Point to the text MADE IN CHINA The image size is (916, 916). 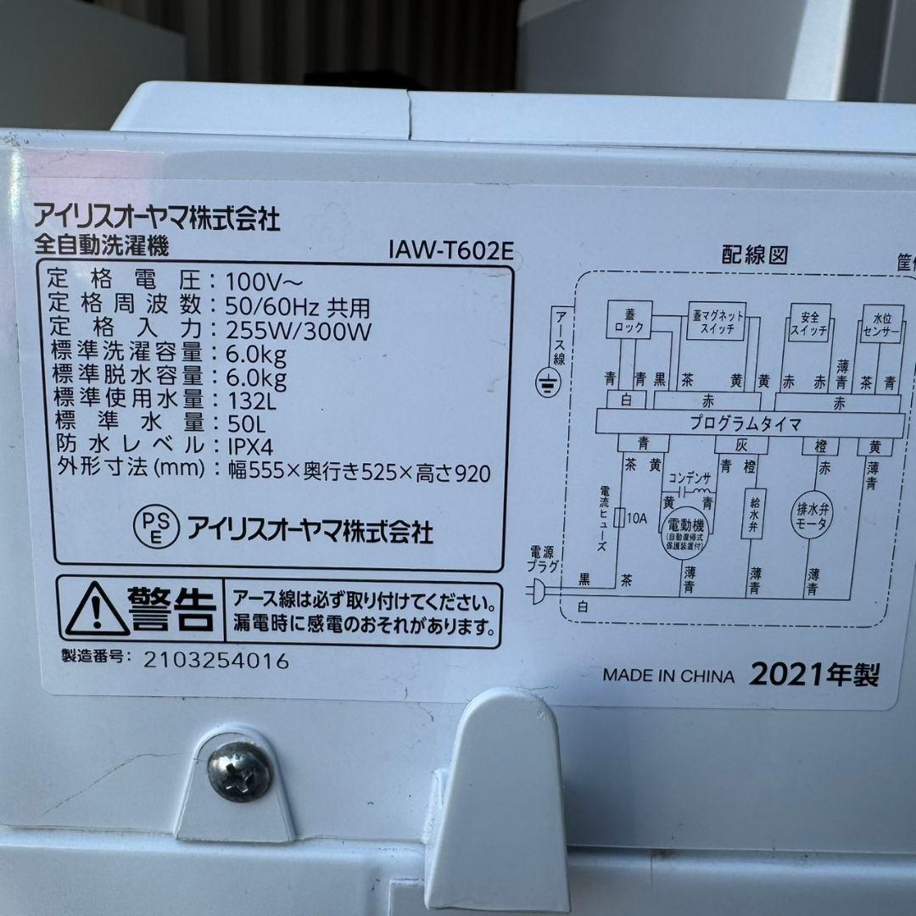click(668, 676)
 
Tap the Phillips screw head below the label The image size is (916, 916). click(241, 771)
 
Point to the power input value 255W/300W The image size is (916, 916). click(300, 330)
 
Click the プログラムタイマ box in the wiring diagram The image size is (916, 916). click(748, 421)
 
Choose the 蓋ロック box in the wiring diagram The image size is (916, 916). click(628, 321)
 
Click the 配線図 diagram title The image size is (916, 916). click(756, 255)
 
